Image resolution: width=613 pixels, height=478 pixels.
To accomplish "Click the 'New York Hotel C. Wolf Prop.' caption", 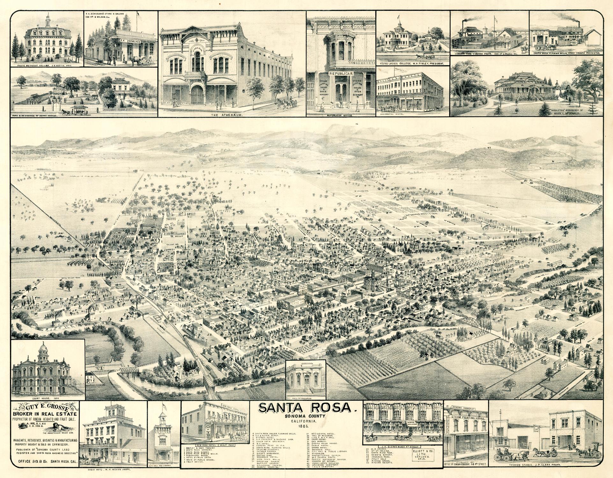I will (215, 444).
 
